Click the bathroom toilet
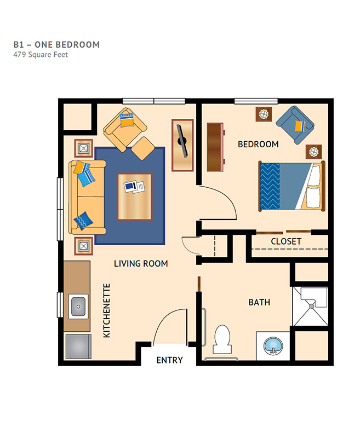[x=222, y=339]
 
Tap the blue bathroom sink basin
[x=273, y=345]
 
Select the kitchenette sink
[x=78, y=307]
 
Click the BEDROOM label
[x=258, y=144]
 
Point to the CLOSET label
[x=286, y=241]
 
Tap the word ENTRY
[x=169, y=360]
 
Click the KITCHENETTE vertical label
[x=107, y=311]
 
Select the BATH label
[x=259, y=302]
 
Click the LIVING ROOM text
[x=141, y=264]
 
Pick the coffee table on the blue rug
[x=135, y=197]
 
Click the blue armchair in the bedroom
[x=295, y=125]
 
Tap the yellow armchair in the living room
[x=125, y=129]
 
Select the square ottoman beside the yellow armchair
[x=142, y=148]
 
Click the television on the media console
[x=182, y=141]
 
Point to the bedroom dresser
[x=215, y=147]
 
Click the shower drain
[x=312, y=306]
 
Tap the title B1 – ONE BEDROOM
[x=56, y=45]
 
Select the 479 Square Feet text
[x=41, y=55]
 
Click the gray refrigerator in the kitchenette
[x=78, y=347]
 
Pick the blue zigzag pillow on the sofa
[x=83, y=221]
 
